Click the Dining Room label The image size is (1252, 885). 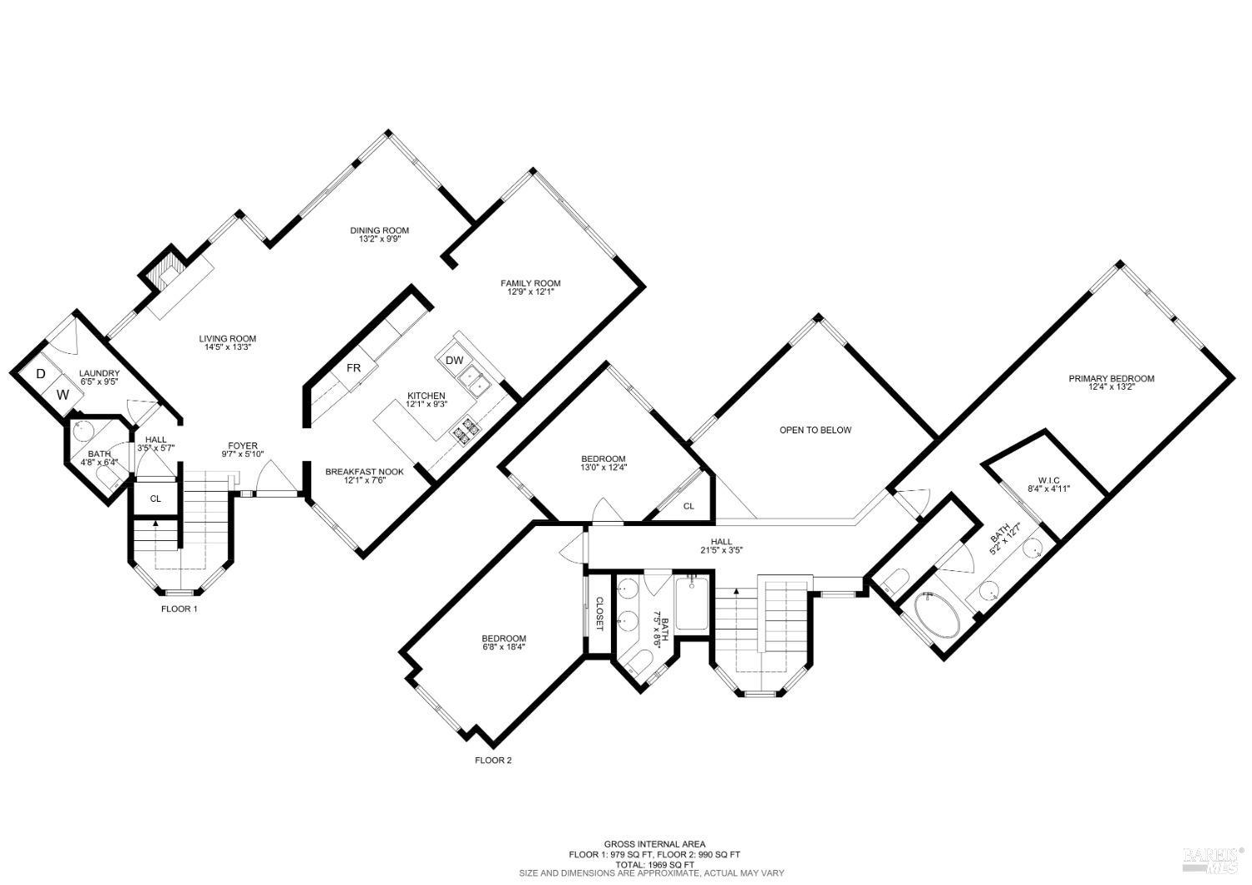pos(379,230)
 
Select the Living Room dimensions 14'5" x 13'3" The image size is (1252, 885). pos(225,347)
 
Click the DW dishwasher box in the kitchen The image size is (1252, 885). pos(454,361)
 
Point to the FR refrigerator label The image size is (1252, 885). pos(354,368)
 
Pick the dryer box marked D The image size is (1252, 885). pos(40,373)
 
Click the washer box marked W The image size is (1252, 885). pos(63,392)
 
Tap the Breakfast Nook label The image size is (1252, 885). pos(364,472)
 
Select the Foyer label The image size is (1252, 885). pos(243,446)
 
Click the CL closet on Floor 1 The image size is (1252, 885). pos(155,498)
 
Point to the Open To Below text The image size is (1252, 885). pos(815,430)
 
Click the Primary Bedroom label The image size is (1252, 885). pos(1111,378)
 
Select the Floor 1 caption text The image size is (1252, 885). pos(179,609)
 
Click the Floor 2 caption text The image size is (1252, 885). pos(492,760)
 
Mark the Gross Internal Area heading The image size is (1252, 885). pos(654,844)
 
